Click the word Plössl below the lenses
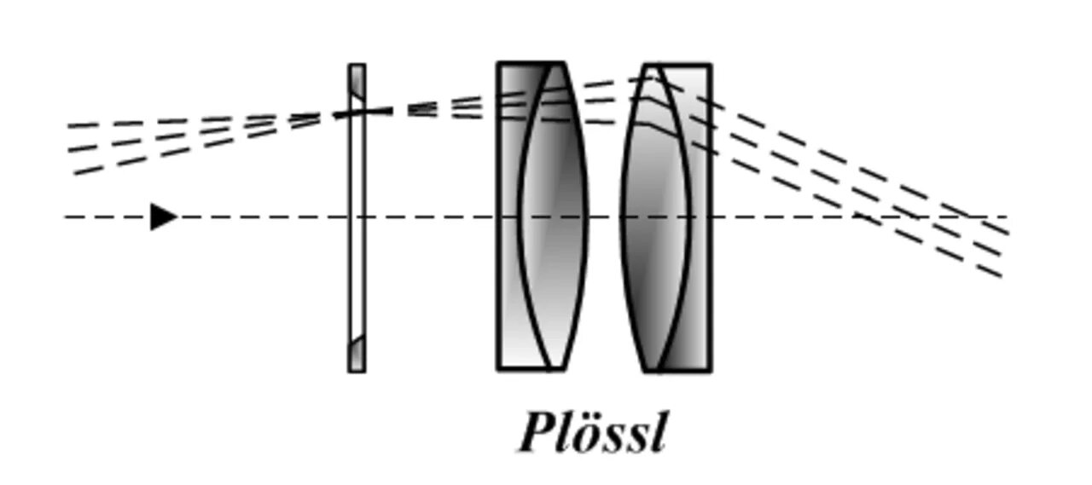pyautogui.click(x=592, y=432)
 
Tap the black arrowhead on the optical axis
pyautogui.click(x=162, y=217)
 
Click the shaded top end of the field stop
pyautogui.click(x=357, y=82)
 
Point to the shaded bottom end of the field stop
pyautogui.click(x=357, y=353)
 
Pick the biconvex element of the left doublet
pyautogui.click(x=553, y=217)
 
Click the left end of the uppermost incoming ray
pyautogui.click(x=70, y=126)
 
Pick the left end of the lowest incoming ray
pyautogui.click(x=75, y=173)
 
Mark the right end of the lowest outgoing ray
pyautogui.click(x=1000, y=275)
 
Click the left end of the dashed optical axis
pyautogui.click(x=67, y=217)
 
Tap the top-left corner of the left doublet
pyautogui.click(x=499, y=64)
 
